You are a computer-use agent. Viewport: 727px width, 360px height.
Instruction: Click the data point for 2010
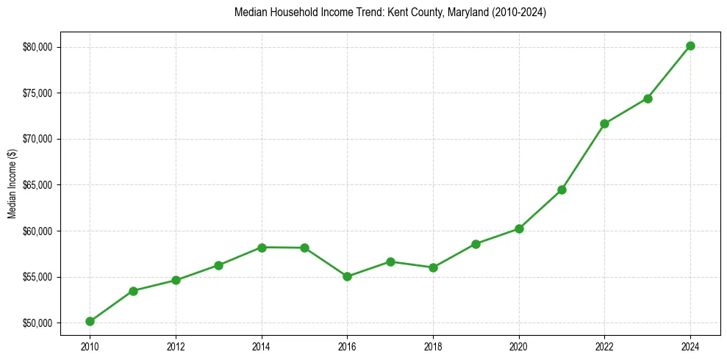[90, 321]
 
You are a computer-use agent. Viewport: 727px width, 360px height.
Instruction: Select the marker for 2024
[690, 46]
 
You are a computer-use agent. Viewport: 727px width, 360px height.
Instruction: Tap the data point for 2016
[347, 277]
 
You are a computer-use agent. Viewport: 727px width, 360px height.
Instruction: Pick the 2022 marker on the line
[604, 123]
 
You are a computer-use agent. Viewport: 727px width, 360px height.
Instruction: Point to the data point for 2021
[562, 190]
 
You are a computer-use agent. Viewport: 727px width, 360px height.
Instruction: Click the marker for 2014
[262, 247]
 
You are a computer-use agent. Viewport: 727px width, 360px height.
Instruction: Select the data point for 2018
[433, 267]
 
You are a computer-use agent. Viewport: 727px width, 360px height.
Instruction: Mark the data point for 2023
[648, 98]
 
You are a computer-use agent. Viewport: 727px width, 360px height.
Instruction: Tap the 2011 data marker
[133, 291]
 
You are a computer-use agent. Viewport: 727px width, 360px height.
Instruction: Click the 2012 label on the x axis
[176, 347]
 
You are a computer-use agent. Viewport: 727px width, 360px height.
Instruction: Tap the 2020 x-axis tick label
[519, 347]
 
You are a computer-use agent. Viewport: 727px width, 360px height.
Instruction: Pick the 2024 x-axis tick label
[690, 347]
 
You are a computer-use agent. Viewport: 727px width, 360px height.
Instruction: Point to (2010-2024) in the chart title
[519, 12]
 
